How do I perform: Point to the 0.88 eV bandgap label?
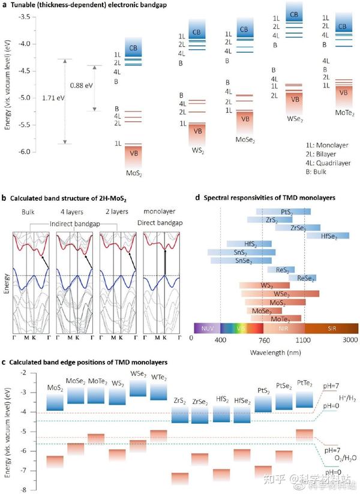[x=80, y=85]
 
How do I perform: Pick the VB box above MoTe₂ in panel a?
[x=344, y=93]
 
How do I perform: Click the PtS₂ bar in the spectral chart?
[x=283, y=212]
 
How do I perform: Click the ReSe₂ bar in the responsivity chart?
[x=302, y=278]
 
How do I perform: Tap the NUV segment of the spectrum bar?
[x=207, y=328]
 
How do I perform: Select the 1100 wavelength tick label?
[x=305, y=339]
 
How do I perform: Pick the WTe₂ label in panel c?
[x=158, y=376]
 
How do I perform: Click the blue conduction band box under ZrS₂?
[x=180, y=414]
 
